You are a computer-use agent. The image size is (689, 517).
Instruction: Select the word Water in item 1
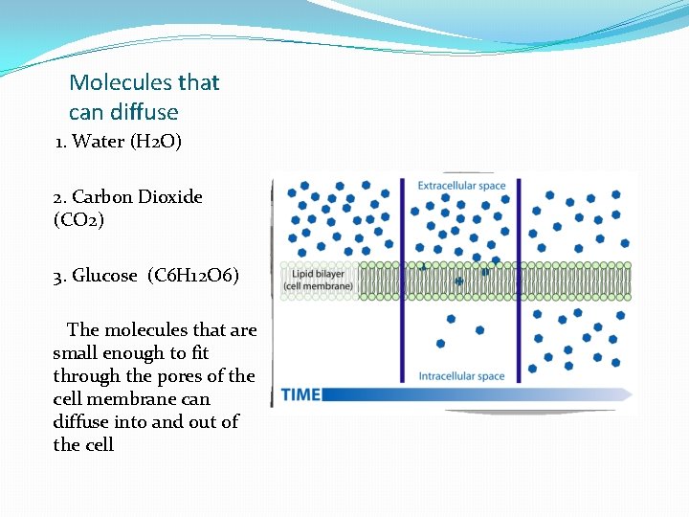click(x=99, y=142)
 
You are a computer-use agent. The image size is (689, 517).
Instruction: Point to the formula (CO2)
click(x=78, y=219)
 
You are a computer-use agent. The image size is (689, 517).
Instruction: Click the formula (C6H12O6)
click(x=193, y=276)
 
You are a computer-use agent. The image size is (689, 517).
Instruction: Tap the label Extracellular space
click(x=460, y=186)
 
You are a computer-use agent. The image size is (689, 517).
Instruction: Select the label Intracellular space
click(x=461, y=376)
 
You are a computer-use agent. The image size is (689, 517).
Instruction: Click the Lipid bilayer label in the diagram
click(x=311, y=275)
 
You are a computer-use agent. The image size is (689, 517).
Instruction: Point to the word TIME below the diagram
click(x=300, y=394)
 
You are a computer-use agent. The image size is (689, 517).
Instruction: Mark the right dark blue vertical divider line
click(x=519, y=278)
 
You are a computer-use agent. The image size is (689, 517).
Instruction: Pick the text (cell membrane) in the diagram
click(x=319, y=286)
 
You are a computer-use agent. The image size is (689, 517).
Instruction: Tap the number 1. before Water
click(x=60, y=142)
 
